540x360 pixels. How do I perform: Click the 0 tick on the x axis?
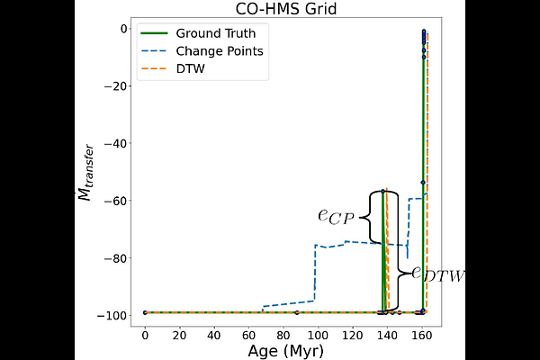click(145, 333)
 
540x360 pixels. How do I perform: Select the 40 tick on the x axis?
click(213, 333)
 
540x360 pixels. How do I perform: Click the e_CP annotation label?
click(336, 216)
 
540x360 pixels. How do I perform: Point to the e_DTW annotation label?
click(438, 274)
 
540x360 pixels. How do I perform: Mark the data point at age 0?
click(145, 312)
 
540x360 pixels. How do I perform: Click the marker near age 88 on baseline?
click(297, 312)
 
